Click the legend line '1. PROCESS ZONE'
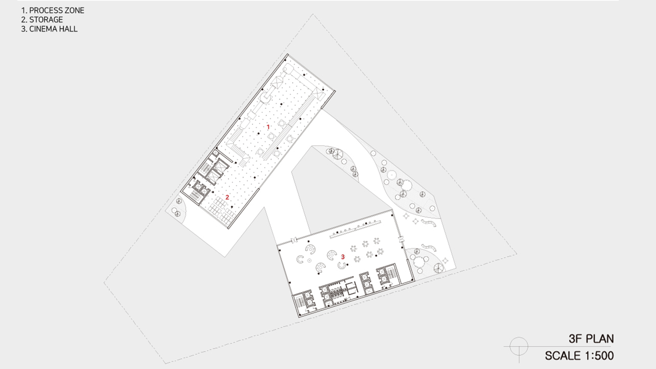point(53,11)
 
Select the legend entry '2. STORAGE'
point(42,20)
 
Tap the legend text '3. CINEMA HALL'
point(49,29)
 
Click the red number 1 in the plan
point(268,127)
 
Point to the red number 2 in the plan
point(227,197)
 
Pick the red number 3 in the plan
point(343,257)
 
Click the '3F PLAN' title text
point(591,339)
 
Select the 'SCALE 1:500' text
point(579,356)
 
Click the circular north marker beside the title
point(519,346)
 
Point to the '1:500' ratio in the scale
point(599,356)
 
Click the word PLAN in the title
point(600,339)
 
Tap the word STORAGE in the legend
point(46,20)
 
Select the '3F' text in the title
point(575,339)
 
